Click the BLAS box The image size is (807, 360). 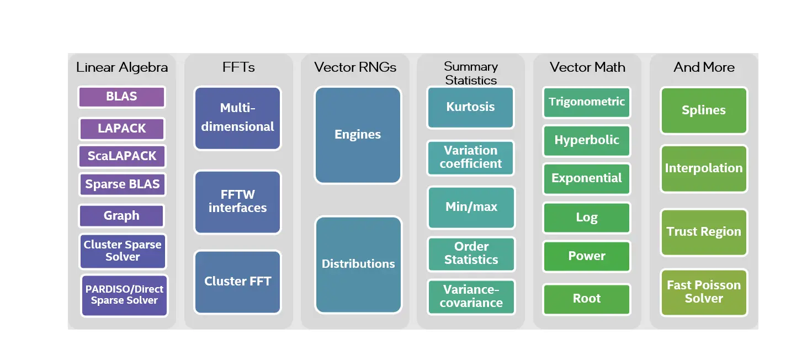click(121, 97)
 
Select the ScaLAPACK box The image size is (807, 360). click(121, 156)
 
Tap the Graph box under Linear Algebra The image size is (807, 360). click(121, 216)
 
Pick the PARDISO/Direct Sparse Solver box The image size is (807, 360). click(124, 295)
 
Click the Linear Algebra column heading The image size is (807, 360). click(122, 67)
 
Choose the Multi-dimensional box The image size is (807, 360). click(237, 118)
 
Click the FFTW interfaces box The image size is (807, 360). click(237, 202)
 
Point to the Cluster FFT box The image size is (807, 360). click(237, 282)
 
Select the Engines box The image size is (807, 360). click(358, 135)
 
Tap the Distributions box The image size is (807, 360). click(358, 264)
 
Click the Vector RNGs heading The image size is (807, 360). click(355, 67)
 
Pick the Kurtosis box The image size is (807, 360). click(470, 107)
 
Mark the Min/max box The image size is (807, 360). click(471, 207)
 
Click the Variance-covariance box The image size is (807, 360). click(471, 297)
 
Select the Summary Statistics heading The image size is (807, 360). click(471, 73)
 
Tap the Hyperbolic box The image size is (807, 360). click(587, 140)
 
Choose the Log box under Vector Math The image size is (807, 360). click(587, 218)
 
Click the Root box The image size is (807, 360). click(587, 299)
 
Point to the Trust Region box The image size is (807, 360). click(704, 232)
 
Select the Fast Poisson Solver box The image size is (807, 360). click(704, 292)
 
